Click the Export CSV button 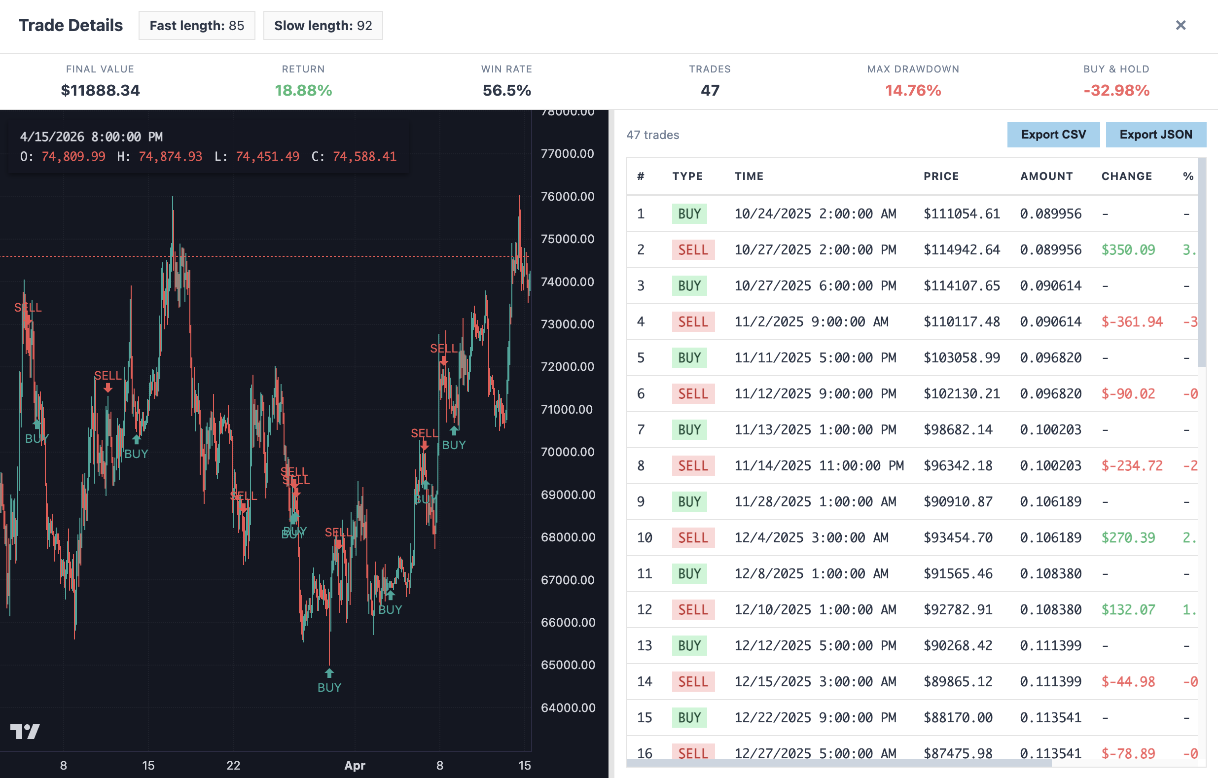1053,135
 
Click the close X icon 1181,25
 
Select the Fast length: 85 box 197,25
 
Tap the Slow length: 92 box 322,25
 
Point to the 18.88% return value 303,90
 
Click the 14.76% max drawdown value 912,90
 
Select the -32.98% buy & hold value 1116,90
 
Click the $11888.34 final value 100,90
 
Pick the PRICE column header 941,176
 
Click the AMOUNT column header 1046,176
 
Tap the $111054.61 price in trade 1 962,213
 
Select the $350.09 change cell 1128,249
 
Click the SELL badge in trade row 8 692,465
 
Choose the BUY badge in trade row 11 689,573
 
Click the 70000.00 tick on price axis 567,452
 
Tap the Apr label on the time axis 355,765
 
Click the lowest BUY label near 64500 329,687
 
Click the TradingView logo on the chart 25,732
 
